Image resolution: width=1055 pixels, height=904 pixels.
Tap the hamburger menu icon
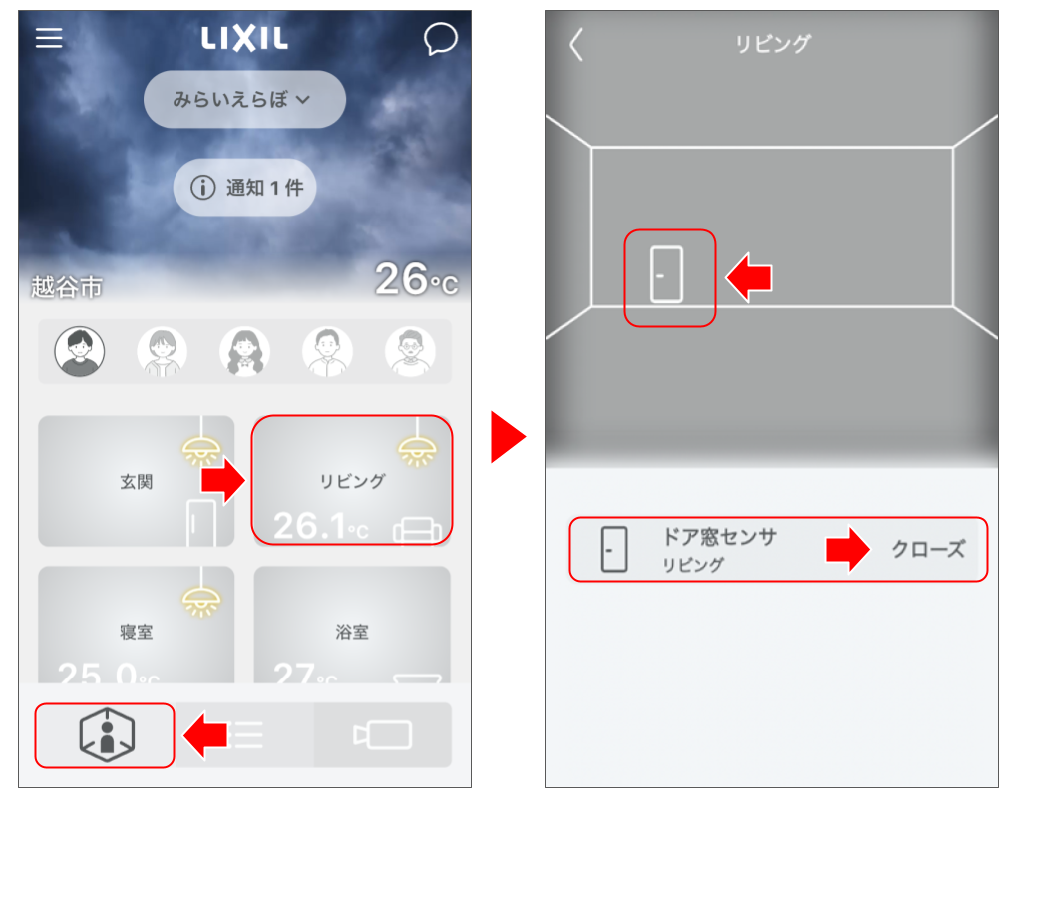tap(49, 38)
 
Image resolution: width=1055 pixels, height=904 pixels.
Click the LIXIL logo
tap(244, 39)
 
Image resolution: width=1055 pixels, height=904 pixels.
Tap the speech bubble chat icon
tap(440, 39)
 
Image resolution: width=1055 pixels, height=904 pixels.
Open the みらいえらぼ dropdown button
tap(244, 100)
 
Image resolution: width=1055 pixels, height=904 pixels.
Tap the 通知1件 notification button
tap(245, 187)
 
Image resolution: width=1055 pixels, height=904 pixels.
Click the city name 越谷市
tap(67, 288)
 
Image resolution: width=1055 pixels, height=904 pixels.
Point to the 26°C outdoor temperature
tap(416, 280)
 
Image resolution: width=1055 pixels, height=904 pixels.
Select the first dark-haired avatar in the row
tap(78, 351)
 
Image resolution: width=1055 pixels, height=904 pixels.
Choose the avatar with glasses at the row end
tap(411, 351)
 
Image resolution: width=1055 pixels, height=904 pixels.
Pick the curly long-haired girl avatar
tap(244, 351)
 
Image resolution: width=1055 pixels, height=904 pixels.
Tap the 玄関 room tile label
tap(137, 482)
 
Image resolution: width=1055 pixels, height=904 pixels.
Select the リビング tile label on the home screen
tap(352, 481)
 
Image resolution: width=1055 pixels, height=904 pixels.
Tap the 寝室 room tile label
tap(137, 632)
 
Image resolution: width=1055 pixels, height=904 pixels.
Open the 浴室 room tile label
tap(352, 632)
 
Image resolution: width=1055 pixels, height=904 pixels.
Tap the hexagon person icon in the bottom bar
tap(106, 735)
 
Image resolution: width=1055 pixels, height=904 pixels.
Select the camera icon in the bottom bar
tap(383, 735)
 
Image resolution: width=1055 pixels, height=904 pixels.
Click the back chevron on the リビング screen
tap(576, 45)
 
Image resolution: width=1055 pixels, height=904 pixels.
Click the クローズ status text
tap(927, 549)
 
